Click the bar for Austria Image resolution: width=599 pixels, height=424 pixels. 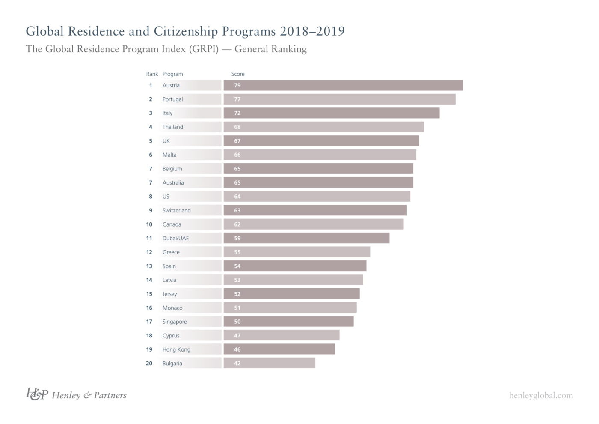[x=343, y=85]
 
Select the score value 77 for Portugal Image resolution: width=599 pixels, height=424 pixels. [x=237, y=99]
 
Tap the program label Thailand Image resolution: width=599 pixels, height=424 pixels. [x=172, y=127]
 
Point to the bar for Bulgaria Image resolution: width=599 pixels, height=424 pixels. [x=269, y=363]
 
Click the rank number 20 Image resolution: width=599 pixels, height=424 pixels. [x=149, y=364]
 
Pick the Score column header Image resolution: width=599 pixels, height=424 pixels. [x=238, y=74]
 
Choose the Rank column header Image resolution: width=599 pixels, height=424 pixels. [x=152, y=74]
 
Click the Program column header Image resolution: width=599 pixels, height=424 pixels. [x=172, y=74]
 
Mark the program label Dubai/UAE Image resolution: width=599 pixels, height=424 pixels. [x=175, y=239]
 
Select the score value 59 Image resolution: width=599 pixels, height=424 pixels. [x=237, y=239]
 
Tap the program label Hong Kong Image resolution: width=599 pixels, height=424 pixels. [x=176, y=349]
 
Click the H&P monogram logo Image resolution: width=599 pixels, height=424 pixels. [x=36, y=394]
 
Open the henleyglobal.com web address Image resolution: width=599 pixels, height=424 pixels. [x=541, y=396]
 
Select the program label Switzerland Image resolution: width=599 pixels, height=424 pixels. [x=176, y=211]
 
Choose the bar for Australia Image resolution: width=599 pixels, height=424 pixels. [x=318, y=183]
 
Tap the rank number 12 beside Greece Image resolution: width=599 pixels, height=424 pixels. [x=149, y=252]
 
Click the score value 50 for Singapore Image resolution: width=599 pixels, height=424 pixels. [x=237, y=322]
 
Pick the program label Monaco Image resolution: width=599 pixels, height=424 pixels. [x=172, y=308]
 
